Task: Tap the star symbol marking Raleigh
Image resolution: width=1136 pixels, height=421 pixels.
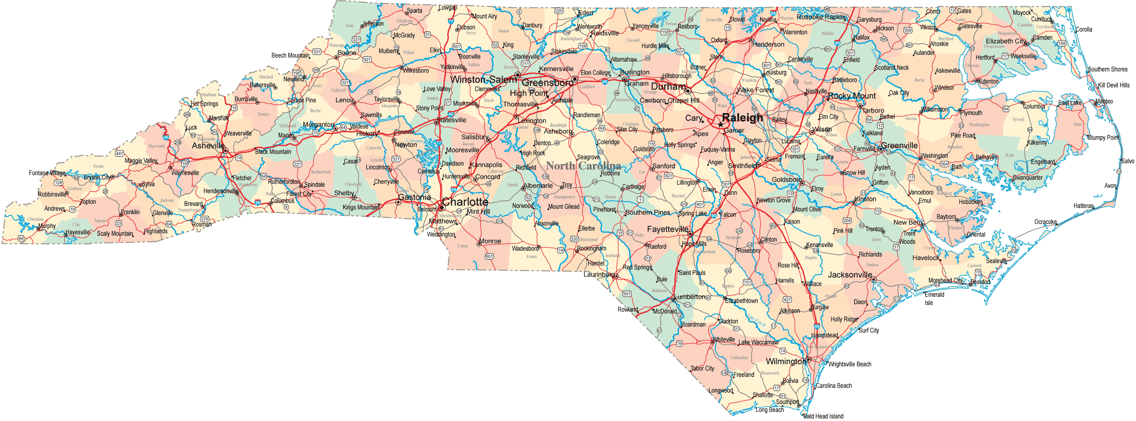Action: click(720, 125)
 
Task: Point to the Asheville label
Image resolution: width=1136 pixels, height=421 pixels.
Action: click(208, 146)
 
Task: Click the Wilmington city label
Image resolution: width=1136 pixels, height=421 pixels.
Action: click(786, 361)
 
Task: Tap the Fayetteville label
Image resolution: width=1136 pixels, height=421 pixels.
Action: click(667, 229)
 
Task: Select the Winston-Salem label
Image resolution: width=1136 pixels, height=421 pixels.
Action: click(483, 80)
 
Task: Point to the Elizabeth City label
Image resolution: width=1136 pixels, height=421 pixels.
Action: click(1005, 41)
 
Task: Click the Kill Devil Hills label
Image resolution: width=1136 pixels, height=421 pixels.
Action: click(1113, 85)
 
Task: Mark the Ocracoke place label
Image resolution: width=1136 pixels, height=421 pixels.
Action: click(1045, 222)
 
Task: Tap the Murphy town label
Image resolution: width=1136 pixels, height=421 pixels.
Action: click(47, 226)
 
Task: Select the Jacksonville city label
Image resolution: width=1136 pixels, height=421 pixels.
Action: click(850, 275)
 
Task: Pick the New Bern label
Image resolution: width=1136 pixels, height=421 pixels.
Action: click(907, 222)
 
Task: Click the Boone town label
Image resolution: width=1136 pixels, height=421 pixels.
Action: click(346, 53)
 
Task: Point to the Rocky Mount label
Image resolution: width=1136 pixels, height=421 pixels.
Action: click(852, 96)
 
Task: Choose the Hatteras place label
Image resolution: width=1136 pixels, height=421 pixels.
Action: click(1083, 206)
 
